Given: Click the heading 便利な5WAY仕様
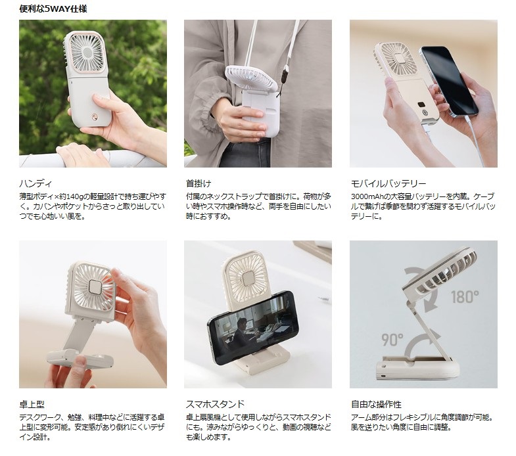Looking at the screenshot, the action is tap(53, 9).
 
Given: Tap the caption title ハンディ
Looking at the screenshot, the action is tap(35, 183).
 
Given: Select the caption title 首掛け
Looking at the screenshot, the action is tap(199, 183).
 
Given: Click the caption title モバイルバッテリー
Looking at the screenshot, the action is tap(388, 183).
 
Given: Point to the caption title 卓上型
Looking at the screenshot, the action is tap(32, 404).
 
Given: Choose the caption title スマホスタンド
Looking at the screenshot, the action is tap(215, 404).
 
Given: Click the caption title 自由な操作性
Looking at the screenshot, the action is tap(376, 404).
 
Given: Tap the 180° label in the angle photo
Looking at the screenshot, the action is tap(465, 297).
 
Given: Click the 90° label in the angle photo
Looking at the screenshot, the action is tap(392, 340).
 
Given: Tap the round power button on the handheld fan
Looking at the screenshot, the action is tap(95, 116).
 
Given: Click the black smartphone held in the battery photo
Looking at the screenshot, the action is tap(449, 81).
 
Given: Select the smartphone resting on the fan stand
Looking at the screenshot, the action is tap(252, 328).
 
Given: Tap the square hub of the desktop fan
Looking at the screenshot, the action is tap(95, 287).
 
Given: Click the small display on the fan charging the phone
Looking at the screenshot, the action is tap(421, 105).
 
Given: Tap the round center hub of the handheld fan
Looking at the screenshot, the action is tap(87, 52).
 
